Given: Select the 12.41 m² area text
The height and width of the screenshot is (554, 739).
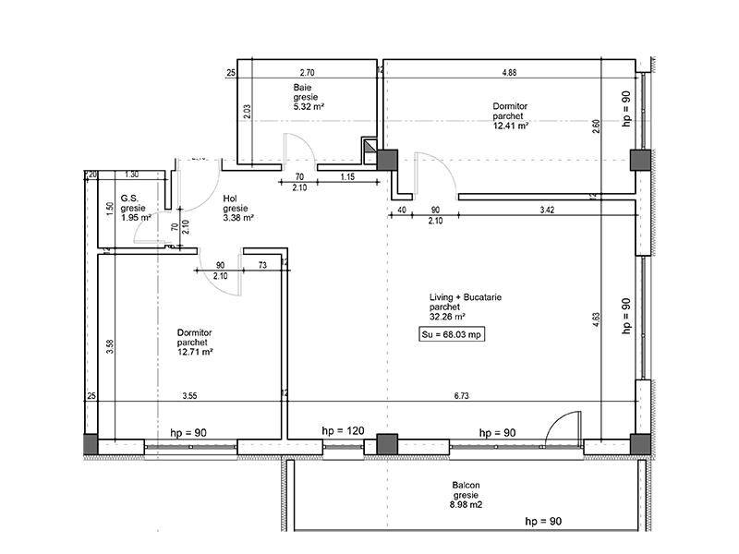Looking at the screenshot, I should [511, 127].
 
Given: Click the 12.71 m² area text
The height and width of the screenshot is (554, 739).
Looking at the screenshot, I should [196, 352].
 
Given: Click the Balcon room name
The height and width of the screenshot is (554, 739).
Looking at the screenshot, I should [466, 485].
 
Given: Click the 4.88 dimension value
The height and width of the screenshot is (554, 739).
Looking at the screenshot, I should [510, 71].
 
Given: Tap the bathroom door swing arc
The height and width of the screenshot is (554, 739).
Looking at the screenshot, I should [297, 150].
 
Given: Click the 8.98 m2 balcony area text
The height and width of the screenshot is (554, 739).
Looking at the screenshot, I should [467, 505].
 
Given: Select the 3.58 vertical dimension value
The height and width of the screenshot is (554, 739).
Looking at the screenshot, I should [111, 346].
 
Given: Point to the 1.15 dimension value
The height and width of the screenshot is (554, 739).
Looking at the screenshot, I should [348, 177].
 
